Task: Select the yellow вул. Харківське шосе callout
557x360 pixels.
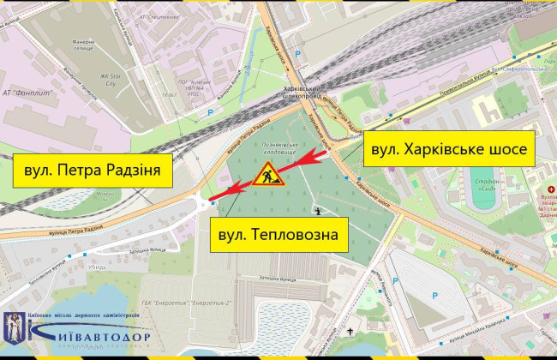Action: pos(450,148)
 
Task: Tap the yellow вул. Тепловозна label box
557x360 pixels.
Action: pos(278,233)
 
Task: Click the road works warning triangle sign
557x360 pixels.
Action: pos(267,178)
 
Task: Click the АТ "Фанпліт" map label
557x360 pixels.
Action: pos(31,93)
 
